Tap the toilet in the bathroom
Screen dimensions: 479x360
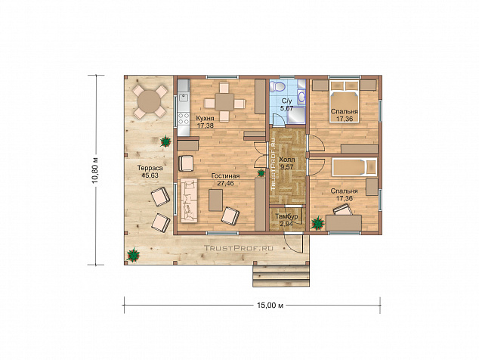coord(278,86)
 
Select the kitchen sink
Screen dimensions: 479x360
coord(184,98)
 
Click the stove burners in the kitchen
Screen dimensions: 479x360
coord(184,119)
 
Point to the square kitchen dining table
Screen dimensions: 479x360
coord(224,102)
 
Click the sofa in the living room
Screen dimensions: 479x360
coord(190,200)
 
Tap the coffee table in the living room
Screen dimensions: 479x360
coord(215,200)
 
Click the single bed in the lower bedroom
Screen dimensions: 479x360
coord(354,167)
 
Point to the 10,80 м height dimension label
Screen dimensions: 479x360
coord(96,170)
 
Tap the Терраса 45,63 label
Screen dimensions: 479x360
coord(150,172)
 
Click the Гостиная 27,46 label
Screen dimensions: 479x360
coord(225,179)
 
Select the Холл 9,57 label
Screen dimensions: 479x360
coord(287,163)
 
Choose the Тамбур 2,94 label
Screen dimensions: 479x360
coord(286,220)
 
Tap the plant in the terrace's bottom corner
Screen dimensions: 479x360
coord(134,254)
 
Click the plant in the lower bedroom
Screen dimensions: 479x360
coord(318,222)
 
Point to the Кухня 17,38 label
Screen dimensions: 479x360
coord(205,122)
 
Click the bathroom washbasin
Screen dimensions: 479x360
coord(301,97)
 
